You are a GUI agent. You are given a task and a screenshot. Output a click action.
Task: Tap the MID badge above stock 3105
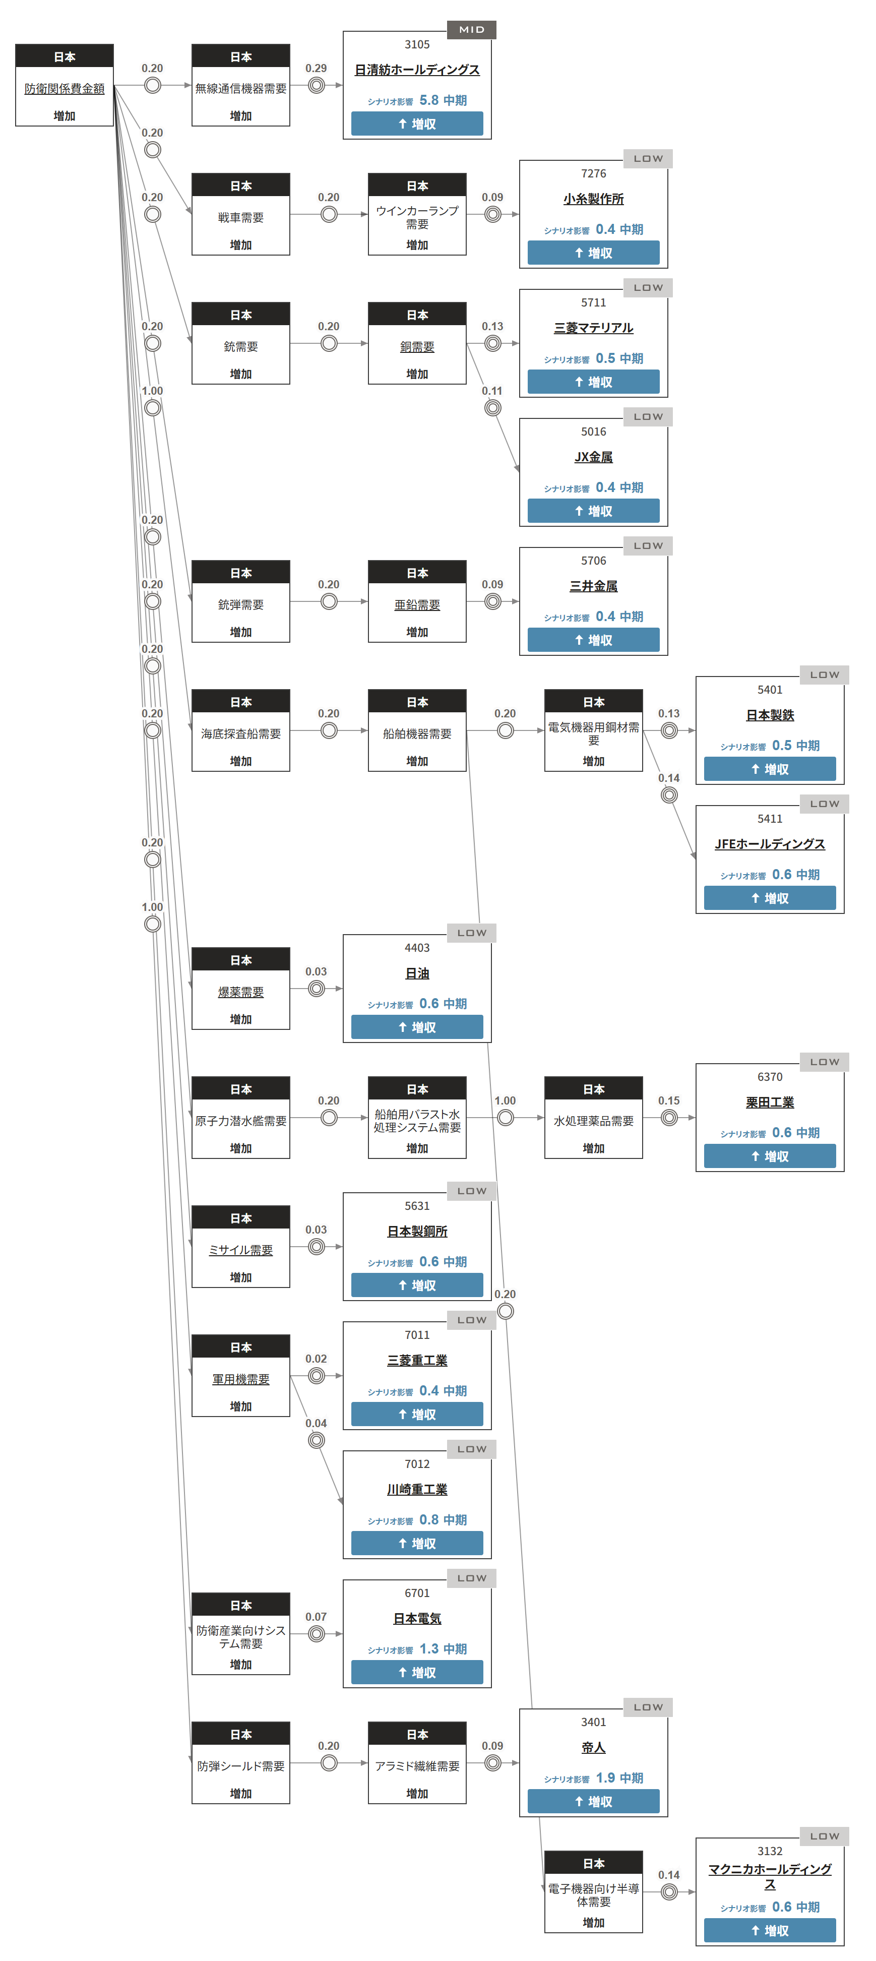coord(471,30)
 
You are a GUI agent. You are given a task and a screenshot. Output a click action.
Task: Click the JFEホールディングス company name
coord(770,843)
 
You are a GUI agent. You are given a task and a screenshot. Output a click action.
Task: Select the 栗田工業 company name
coord(770,1102)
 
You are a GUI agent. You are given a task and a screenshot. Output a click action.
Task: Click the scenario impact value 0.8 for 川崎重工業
coord(428,1519)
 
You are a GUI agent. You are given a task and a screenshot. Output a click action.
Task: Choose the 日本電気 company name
coord(416,1618)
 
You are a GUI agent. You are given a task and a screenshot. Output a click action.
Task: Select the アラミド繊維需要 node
coord(416,1766)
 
